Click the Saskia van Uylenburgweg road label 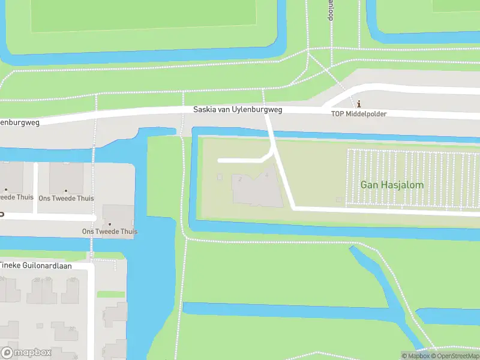click(238, 110)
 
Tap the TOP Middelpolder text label click(359, 113)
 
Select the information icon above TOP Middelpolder click(359, 104)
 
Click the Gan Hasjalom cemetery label click(392, 185)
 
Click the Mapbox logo click(26, 353)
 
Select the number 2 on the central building click(241, 179)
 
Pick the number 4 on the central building click(266, 175)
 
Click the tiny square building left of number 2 click(220, 177)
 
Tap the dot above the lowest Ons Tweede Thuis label click(109, 224)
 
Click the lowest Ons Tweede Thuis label click(110, 232)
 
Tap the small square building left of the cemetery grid click(340, 199)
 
